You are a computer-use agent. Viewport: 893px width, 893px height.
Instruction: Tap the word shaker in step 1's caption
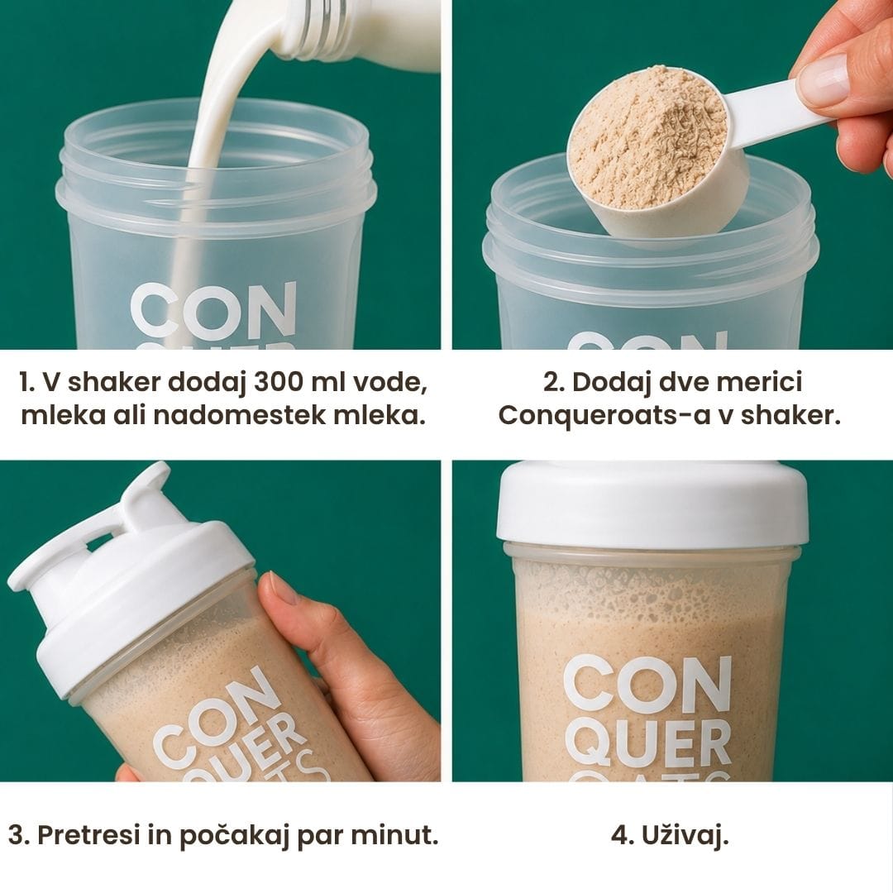coord(114,381)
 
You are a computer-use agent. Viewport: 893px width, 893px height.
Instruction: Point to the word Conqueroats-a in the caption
coord(604,416)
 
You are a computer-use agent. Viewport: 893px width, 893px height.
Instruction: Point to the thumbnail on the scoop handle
coord(824,79)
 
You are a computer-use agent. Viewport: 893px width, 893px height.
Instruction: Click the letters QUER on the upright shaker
coord(648,743)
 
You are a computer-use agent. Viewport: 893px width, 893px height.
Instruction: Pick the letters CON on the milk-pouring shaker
coord(213,310)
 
